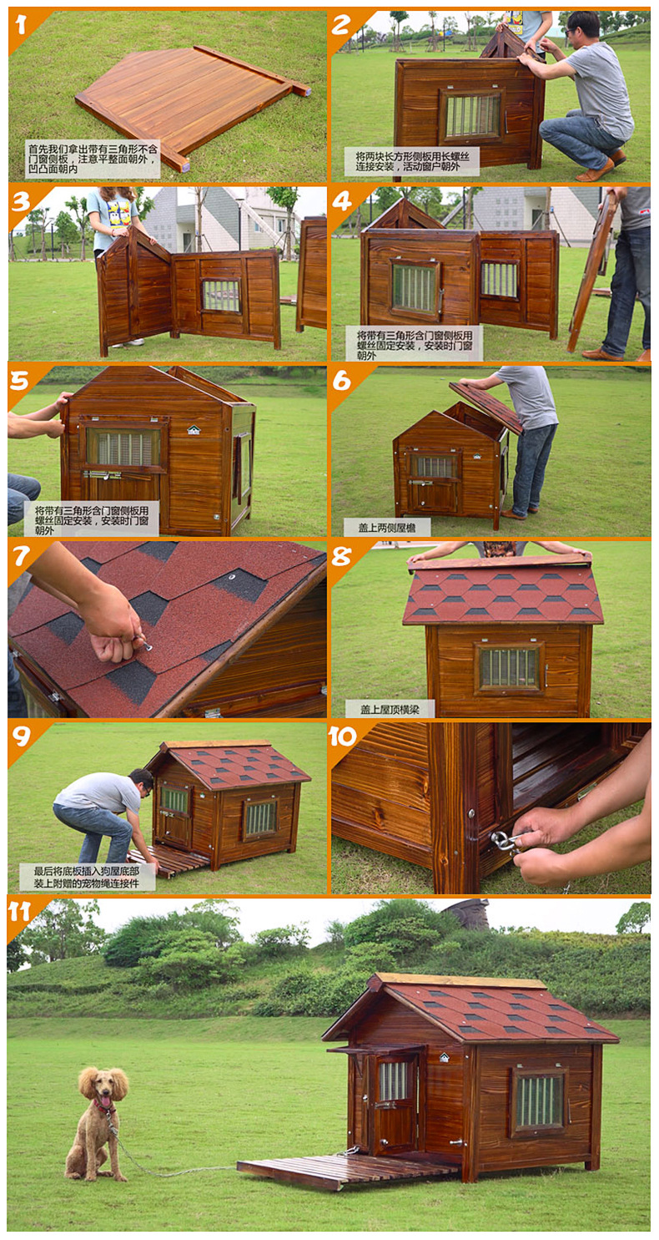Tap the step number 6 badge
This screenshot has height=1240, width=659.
(343, 382)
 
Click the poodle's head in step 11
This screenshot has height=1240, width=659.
(103, 1086)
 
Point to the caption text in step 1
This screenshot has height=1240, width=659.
(93, 159)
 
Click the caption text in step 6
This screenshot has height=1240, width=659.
(386, 528)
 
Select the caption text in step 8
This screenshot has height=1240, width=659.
(390, 709)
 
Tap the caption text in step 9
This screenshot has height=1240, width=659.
(87, 877)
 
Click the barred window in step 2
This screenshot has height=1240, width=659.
(472, 116)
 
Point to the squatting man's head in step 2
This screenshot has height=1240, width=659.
(582, 28)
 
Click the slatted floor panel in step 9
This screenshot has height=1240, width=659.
(169, 861)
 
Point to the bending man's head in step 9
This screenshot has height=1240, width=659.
(142, 782)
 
